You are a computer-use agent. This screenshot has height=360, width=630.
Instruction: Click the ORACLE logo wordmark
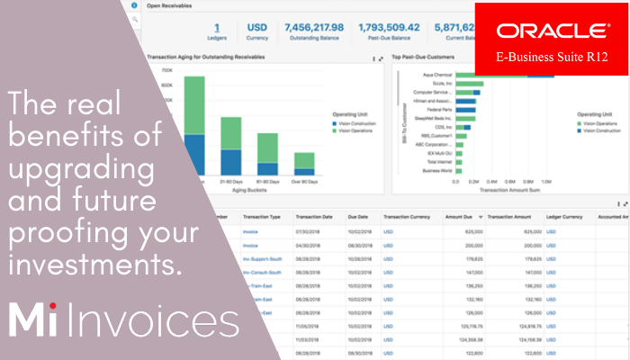point(546,31)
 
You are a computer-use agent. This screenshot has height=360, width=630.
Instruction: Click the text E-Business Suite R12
point(546,57)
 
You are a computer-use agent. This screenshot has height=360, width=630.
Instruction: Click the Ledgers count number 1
point(217,28)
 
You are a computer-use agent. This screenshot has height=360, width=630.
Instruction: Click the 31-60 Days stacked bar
point(231,146)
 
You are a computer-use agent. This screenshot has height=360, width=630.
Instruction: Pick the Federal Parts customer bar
point(464,109)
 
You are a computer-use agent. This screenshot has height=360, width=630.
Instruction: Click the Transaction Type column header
point(263,217)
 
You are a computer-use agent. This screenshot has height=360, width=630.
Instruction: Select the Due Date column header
point(359,217)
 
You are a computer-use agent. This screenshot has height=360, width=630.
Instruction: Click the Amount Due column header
point(460,217)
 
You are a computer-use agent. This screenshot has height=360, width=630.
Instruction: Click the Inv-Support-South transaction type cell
point(263,256)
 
